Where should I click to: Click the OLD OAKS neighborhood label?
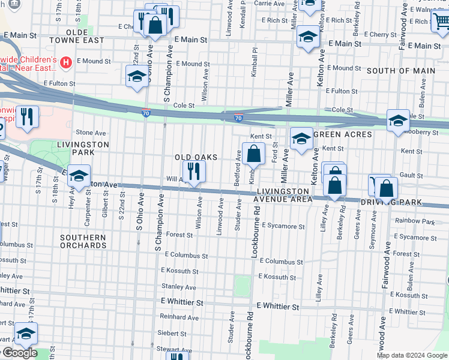click(x=195, y=157)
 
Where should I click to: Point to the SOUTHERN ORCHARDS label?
click(x=83, y=241)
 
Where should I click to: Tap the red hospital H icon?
click(x=66, y=61)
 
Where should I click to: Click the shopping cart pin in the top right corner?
click(x=441, y=22)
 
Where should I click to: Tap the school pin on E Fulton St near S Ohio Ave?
click(x=137, y=76)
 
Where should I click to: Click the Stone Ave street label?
click(x=91, y=133)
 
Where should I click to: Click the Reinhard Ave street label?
click(x=179, y=317)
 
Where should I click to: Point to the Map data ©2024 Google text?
click(x=412, y=355)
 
